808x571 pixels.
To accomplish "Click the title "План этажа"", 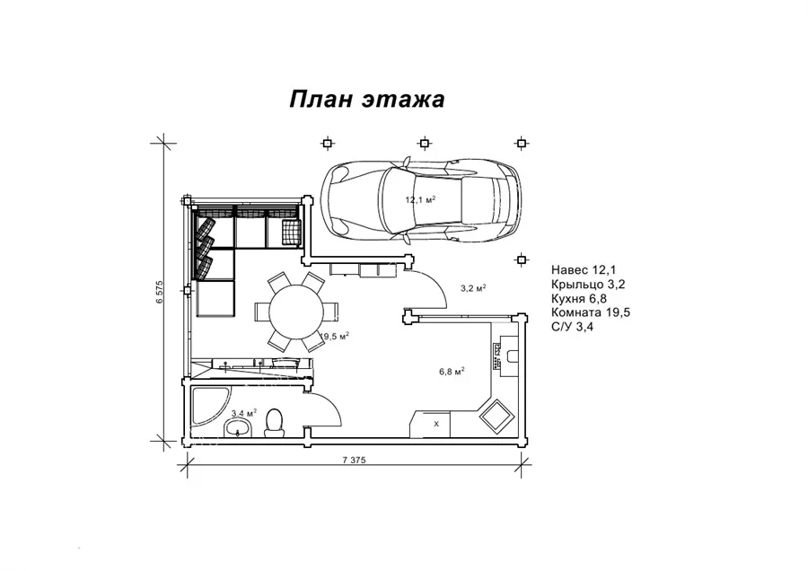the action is click(x=367, y=99).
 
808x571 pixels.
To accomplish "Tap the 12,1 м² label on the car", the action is click(x=420, y=199).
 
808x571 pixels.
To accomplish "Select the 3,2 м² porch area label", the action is click(x=473, y=288).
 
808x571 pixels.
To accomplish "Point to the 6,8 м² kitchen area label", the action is click(x=452, y=371).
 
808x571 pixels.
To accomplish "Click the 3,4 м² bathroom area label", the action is click(x=243, y=413).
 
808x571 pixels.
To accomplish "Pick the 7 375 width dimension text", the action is click(x=354, y=461).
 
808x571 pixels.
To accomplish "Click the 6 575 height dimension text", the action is click(x=160, y=292).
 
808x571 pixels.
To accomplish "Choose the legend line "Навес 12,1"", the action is click(x=584, y=269).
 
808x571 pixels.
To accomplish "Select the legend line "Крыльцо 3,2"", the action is click(x=588, y=284).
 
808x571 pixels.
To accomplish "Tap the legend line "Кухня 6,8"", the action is click(x=579, y=298).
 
